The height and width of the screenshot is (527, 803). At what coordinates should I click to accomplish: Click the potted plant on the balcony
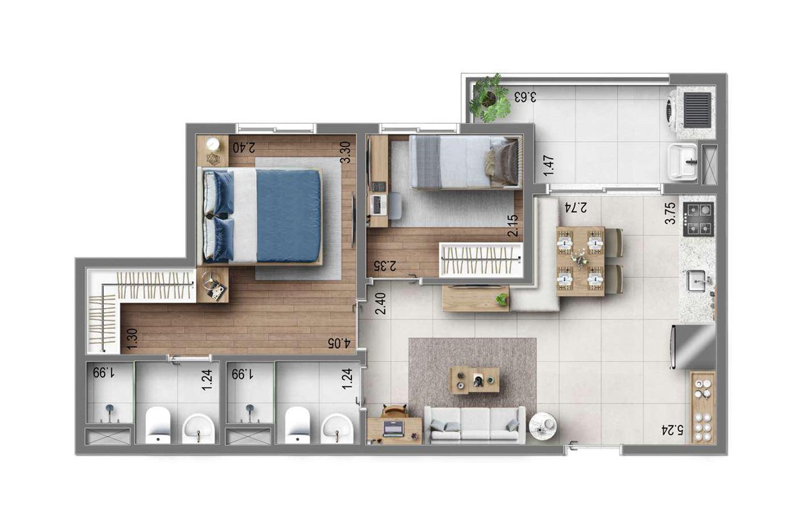490,98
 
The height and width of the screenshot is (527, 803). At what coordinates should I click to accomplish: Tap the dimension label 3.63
525,97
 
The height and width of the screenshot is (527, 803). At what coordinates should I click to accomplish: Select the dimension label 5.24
673,429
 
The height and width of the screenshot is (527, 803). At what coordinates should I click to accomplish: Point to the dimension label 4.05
339,343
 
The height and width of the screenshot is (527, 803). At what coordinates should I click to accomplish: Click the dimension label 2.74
575,207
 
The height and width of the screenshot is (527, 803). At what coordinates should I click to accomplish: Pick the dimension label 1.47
549,166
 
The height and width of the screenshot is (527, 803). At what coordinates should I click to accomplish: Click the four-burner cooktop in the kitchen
699,219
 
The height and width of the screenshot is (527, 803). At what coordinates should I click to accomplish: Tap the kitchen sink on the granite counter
696,281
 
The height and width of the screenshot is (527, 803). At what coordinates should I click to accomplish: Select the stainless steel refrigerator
693,347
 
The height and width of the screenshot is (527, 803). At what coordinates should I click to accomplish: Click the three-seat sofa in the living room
474,425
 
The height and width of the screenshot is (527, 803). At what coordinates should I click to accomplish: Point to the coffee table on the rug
475,381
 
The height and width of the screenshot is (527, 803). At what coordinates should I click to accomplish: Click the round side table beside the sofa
543,426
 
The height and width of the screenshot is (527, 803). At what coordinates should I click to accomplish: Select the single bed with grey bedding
465,162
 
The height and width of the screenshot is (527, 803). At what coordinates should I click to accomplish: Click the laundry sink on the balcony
683,161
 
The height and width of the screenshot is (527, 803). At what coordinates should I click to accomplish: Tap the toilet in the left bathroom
158,425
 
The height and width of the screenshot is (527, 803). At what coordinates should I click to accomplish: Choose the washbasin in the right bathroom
337,429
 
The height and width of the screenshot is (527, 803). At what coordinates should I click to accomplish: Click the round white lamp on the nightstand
213,144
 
